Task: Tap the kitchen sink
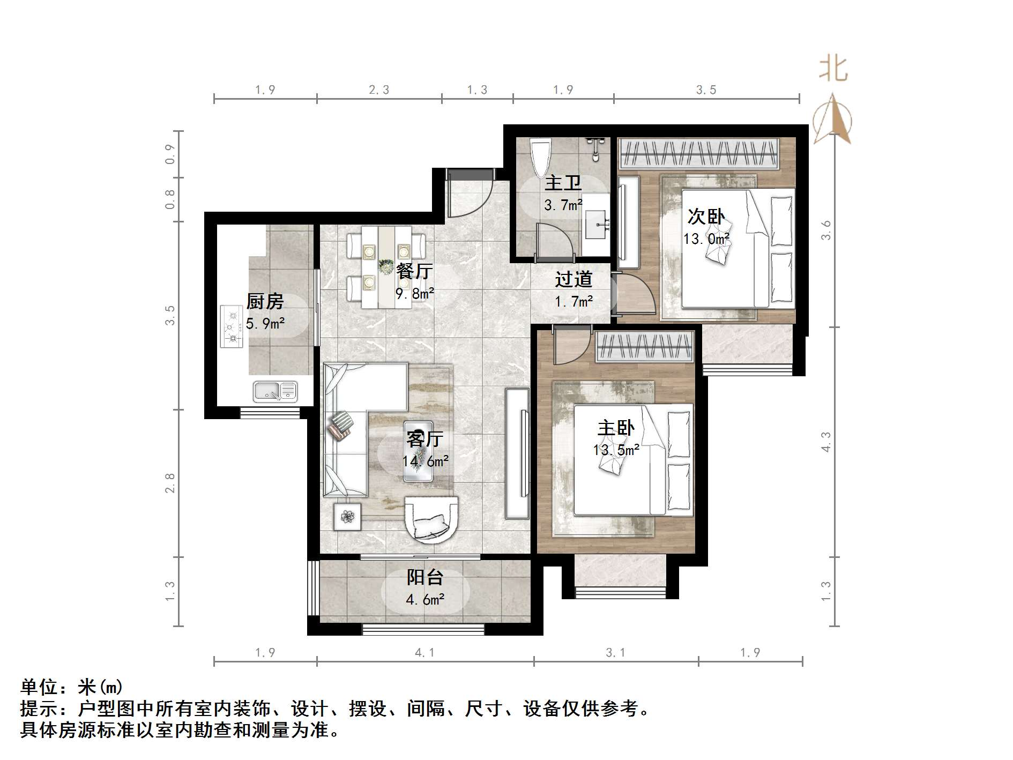pyautogui.click(x=275, y=391)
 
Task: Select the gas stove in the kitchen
pyautogui.click(x=232, y=326)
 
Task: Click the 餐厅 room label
pyautogui.click(x=414, y=271)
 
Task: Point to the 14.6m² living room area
pyautogui.click(x=426, y=461)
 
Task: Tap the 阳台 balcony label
pyautogui.click(x=425, y=577)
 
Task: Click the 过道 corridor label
pyautogui.click(x=573, y=279)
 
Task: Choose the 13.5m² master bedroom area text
pyautogui.click(x=616, y=450)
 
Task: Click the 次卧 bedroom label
pyautogui.click(x=706, y=217)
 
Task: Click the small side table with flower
pyautogui.click(x=348, y=517)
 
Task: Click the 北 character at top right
pyautogui.click(x=833, y=69)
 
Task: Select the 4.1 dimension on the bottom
pyautogui.click(x=424, y=652)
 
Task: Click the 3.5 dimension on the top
pyautogui.click(x=706, y=90)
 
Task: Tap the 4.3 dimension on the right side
pyautogui.click(x=826, y=442)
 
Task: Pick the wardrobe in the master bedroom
pyautogui.click(x=645, y=346)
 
